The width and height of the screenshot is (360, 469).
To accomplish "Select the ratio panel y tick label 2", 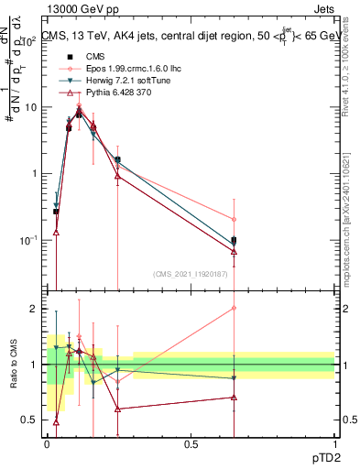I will coord(33,309).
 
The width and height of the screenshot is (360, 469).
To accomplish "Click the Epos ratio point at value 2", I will coord(234,308).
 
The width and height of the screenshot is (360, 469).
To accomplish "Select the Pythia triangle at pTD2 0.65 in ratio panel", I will coord(234,398).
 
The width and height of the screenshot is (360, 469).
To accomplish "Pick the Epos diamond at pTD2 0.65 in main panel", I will coord(234,220).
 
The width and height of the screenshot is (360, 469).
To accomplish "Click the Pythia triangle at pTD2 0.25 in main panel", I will coord(117,177).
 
